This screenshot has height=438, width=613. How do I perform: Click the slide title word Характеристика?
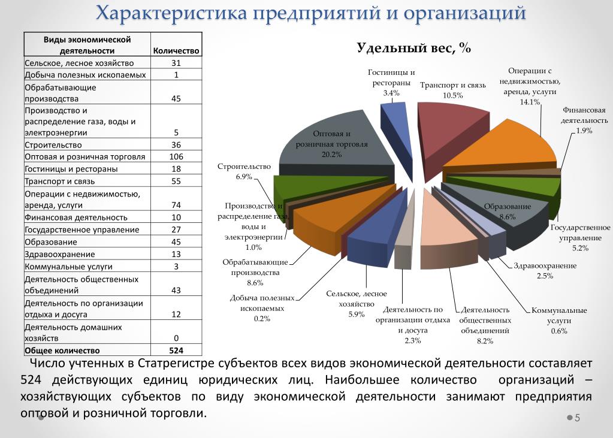(171, 14)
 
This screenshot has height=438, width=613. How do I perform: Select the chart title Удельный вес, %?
(414, 49)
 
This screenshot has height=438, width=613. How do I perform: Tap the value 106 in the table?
(176, 156)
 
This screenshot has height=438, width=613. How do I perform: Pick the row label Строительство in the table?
(53, 144)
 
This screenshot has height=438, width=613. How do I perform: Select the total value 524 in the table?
(176, 351)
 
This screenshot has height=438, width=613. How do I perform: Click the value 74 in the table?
(176, 205)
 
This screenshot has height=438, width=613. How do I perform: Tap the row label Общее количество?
(62, 351)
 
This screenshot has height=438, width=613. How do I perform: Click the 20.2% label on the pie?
(331, 155)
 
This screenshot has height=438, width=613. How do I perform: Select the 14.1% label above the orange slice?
(530, 102)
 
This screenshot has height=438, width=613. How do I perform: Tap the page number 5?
(578, 418)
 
